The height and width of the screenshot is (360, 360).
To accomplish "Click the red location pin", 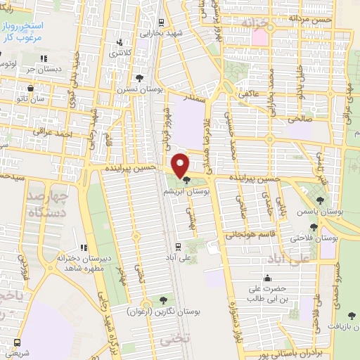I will tap(181, 165).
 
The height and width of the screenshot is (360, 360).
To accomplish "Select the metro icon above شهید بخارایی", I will tap(161, 22).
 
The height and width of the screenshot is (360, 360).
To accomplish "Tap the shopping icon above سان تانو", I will tap(32, 89).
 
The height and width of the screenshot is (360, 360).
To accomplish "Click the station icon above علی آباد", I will tap(179, 246).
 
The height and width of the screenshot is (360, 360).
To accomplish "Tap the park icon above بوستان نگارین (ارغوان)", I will tap(165, 301).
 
